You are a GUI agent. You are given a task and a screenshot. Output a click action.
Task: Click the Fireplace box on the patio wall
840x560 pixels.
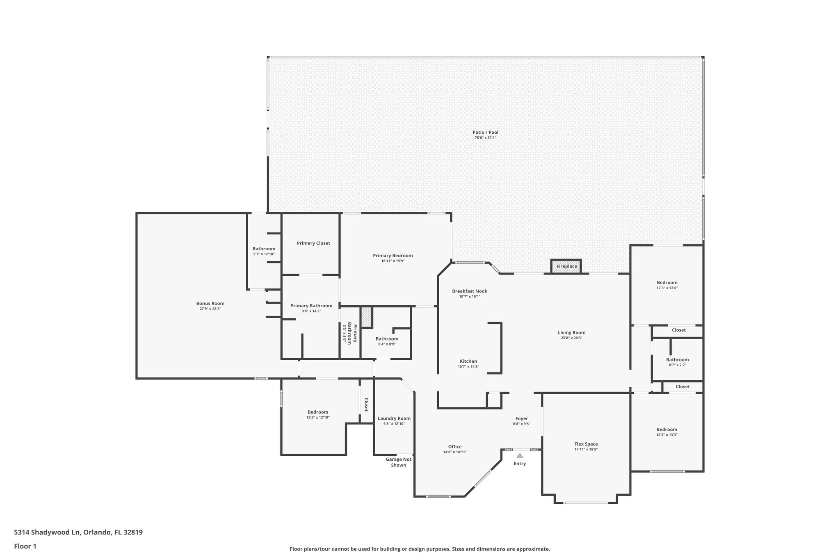coord(566,266)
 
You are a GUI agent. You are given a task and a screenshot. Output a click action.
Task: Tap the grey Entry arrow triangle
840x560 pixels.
coord(520,455)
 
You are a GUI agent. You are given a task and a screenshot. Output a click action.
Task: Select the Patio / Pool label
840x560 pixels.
coord(485,133)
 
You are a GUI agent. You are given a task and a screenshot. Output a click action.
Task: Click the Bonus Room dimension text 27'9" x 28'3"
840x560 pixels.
coord(210,309)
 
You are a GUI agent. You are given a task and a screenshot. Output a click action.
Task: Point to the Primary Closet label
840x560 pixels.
coord(313,243)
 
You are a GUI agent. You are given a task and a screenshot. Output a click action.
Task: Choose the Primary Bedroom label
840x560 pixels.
coord(393,256)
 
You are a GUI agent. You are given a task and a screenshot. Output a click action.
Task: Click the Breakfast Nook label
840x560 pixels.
coord(470,291)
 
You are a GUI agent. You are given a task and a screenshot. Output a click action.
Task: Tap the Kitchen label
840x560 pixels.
coord(468,361)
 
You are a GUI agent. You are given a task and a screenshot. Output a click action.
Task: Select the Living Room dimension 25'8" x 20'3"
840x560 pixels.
coord(571,338)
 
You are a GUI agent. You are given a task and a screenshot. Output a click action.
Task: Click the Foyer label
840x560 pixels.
coord(521,419)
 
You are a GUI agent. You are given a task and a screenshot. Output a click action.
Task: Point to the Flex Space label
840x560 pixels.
coord(586,444)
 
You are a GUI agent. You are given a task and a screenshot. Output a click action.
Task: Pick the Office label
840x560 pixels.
coord(454,447)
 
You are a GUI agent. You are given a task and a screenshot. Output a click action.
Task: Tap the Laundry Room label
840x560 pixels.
coord(394,418)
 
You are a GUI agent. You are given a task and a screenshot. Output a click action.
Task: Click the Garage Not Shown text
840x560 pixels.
coord(398,462)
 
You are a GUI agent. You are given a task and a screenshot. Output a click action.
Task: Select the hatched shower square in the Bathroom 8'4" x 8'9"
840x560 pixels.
coord(366,317)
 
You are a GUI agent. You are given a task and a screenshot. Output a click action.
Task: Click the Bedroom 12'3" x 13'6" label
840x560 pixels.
coord(667,283)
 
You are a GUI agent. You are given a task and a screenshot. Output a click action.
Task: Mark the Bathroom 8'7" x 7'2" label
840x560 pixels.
coord(677,360)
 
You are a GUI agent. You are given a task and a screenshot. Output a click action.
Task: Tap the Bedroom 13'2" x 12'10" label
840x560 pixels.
coord(318,412)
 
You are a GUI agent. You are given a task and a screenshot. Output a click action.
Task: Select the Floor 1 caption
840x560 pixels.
coord(25,546)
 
